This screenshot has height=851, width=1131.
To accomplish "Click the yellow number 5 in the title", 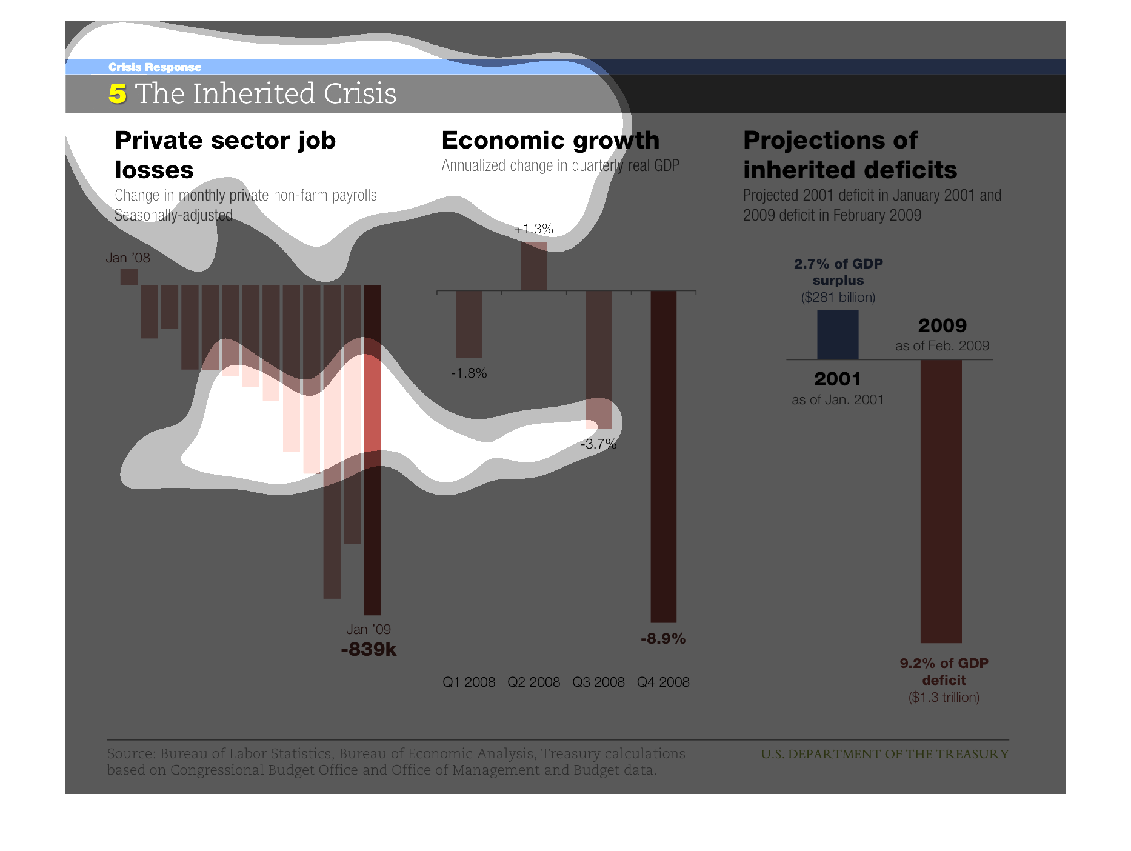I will pos(118,93).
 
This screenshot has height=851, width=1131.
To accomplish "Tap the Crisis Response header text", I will pos(155,67).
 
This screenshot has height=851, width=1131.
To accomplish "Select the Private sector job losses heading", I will pos(225,155).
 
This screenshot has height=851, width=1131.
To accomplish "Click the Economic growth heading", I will pos(550,140).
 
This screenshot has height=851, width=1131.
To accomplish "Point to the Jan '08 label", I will pos(128,258).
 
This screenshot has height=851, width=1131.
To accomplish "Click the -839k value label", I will pos(369,650).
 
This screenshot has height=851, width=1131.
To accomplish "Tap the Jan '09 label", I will pos(369,629).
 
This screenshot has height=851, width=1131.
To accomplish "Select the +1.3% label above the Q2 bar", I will pos(533,229).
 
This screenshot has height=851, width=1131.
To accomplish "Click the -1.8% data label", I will pos(469,373).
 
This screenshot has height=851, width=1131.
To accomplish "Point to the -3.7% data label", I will pos(598,444).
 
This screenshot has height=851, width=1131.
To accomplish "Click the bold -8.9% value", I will pos(663,638).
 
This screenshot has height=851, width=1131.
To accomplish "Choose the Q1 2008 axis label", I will pos(469,682).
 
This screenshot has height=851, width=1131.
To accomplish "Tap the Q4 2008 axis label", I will pos(663,682).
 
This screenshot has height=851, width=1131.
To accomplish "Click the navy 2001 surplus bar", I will pos(838,335).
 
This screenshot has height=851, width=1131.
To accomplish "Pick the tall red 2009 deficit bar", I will pos(941,501).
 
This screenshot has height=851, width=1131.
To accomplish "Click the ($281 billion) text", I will pos(838,297).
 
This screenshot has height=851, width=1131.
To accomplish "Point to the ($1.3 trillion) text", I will pos(944,697).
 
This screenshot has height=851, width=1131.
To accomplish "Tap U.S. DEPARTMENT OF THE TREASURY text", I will pos(885,754).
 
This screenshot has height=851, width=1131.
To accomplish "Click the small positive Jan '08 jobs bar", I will pos(129,277).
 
